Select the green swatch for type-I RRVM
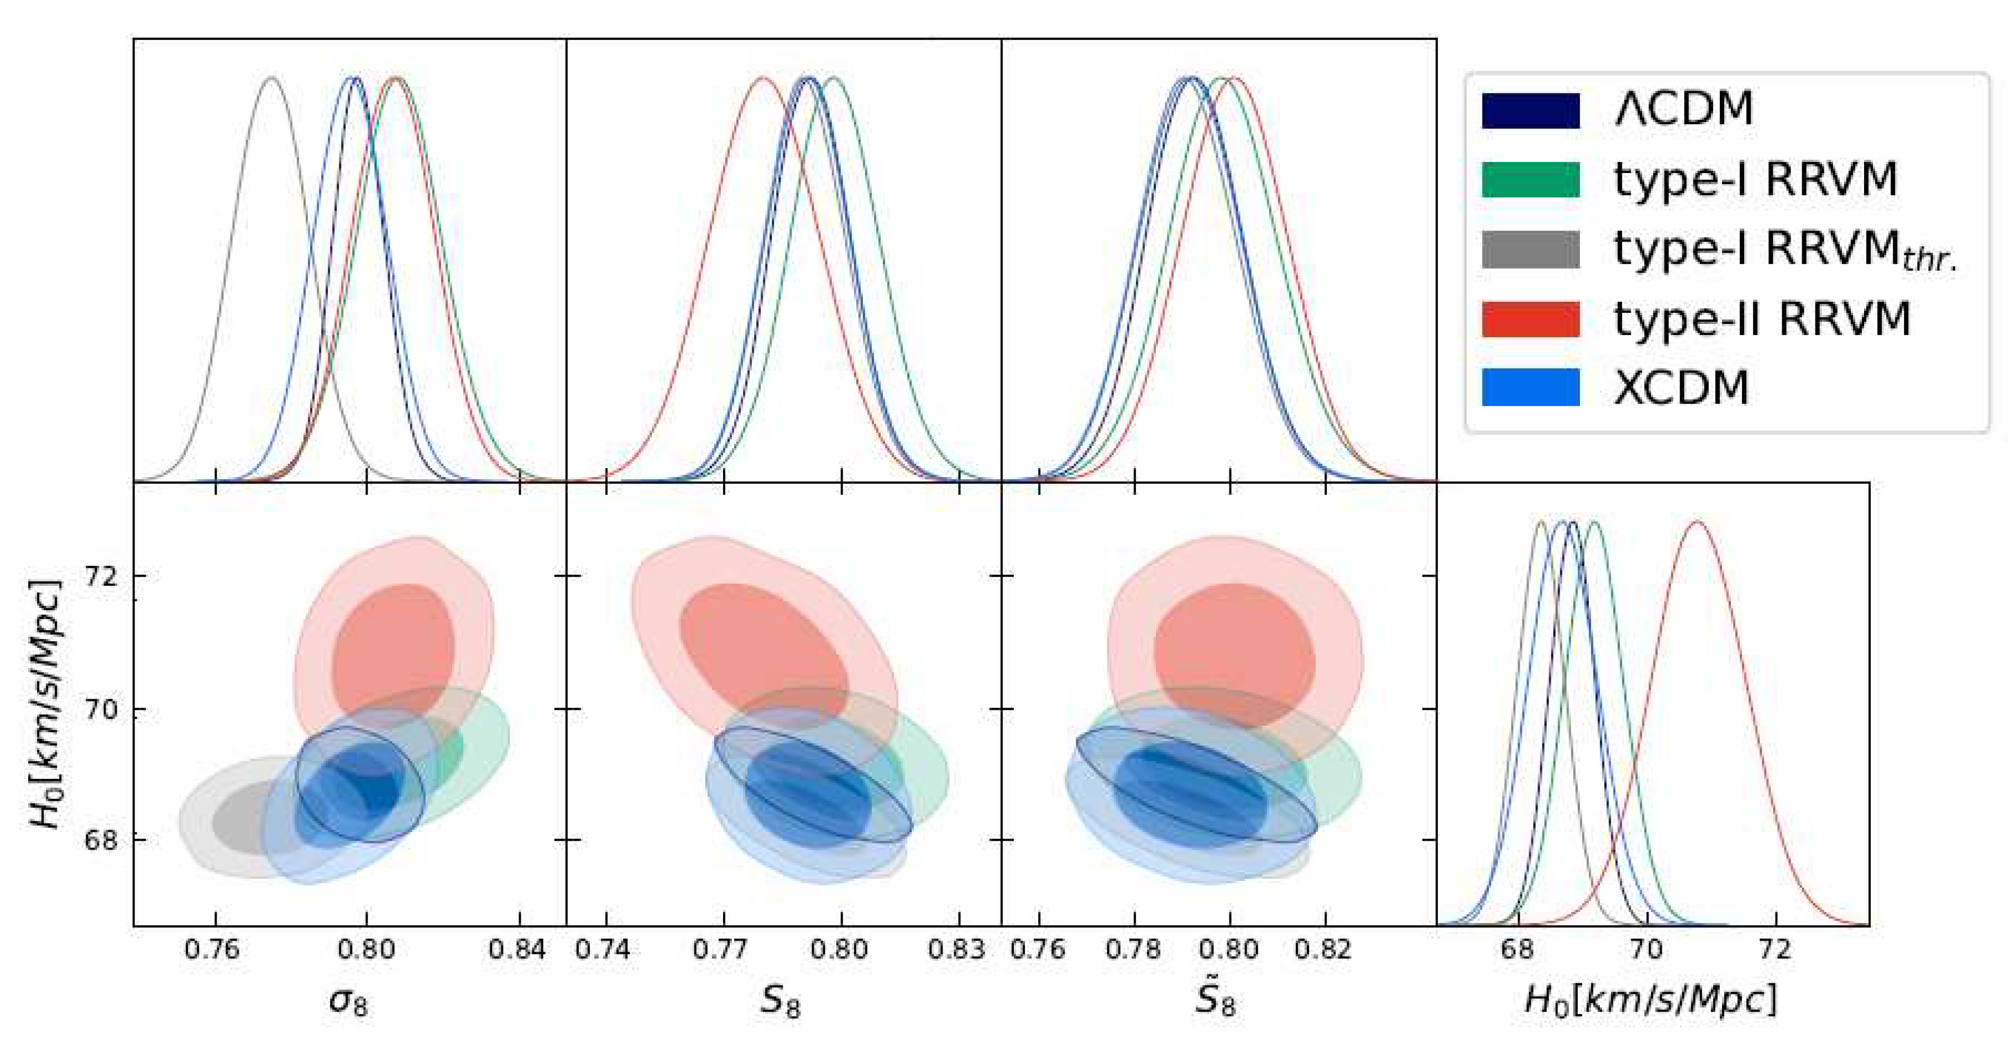(x=1530, y=179)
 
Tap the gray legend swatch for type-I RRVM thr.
(x=1530, y=249)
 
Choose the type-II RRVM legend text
(x=1762, y=319)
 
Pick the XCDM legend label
(x=1680, y=388)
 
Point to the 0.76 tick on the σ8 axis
(x=214, y=950)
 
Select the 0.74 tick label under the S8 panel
(x=603, y=950)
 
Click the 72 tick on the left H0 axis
(x=100, y=576)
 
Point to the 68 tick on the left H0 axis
(x=100, y=840)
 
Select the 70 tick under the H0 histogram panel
(x=1646, y=950)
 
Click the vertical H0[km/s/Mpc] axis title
(x=45, y=704)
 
